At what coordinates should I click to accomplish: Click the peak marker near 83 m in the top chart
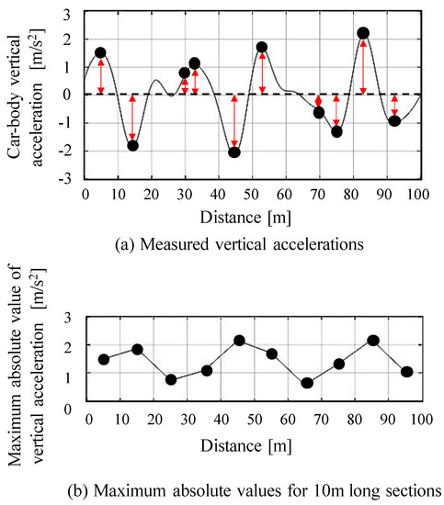363,33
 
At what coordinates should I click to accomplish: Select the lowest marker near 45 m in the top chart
234,151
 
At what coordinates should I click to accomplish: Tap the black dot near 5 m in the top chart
100,52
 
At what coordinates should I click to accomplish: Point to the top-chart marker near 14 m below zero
132,145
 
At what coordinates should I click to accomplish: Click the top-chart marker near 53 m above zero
262,47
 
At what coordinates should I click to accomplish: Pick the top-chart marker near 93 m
394,121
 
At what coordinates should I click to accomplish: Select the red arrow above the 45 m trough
234,120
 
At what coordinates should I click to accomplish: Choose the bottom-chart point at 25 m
171,379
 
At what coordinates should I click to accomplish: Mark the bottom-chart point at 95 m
407,372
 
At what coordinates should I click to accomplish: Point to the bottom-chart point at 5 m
104,359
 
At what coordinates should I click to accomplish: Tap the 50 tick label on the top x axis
252,194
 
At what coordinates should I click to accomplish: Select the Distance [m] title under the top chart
252,217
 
